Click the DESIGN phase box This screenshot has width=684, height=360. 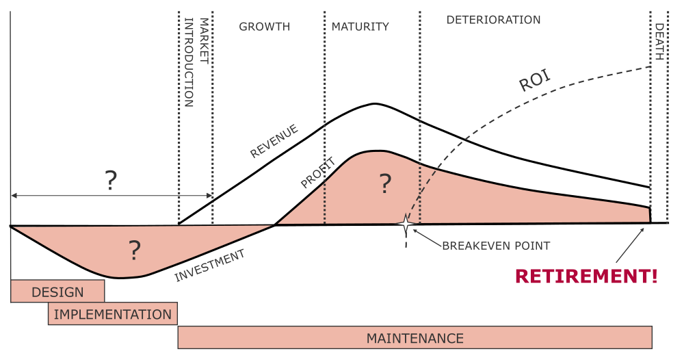(57, 292)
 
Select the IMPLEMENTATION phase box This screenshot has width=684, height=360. (113, 314)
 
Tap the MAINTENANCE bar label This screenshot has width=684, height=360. (415, 338)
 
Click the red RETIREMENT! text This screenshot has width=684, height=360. (586, 277)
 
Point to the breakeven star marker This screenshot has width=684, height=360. (406, 224)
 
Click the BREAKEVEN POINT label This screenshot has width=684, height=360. (496, 245)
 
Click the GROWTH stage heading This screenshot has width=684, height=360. (264, 27)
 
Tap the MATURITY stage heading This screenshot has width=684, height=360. (360, 27)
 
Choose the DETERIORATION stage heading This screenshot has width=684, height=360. (493, 20)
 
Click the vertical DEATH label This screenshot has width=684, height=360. (659, 42)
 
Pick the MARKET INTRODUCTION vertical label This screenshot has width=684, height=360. (196, 62)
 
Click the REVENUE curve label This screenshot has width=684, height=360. (274, 140)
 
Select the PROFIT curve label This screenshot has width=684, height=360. (317, 173)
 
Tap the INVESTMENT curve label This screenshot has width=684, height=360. (209, 266)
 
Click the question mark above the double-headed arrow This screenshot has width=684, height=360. (111, 180)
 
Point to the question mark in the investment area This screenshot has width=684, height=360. (134, 251)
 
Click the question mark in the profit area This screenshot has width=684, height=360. (386, 183)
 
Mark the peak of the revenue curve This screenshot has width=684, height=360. (374, 103)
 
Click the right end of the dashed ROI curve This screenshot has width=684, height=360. (648, 67)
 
